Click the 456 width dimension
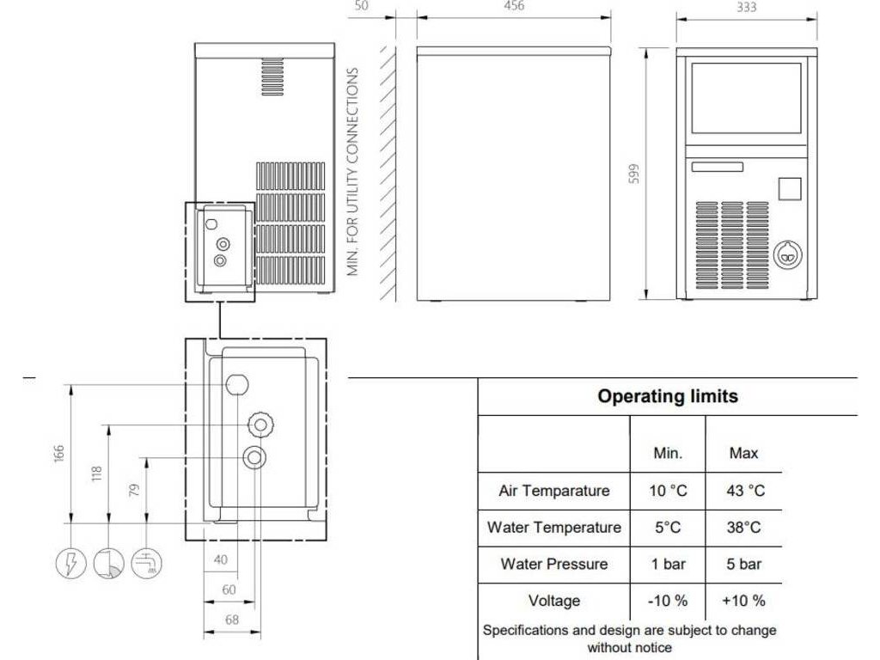click(513, 6)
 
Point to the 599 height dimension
click(634, 174)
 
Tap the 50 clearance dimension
click(361, 6)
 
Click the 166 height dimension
click(58, 453)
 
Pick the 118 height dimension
click(96, 473)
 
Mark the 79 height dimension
click(133, 490)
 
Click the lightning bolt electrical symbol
click(70, 564)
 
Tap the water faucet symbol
click(147, 564)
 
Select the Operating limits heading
click(668, 396)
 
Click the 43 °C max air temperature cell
click(744, 491)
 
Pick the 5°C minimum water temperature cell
click(668, 528)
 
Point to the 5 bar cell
click(744, 564)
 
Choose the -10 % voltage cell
click(668, 601)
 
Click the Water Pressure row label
click(554, 564)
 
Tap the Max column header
click(744, 452)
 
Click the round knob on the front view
click(785, 253)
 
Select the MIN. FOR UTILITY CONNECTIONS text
click(353, 172)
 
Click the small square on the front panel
click(789, 189)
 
